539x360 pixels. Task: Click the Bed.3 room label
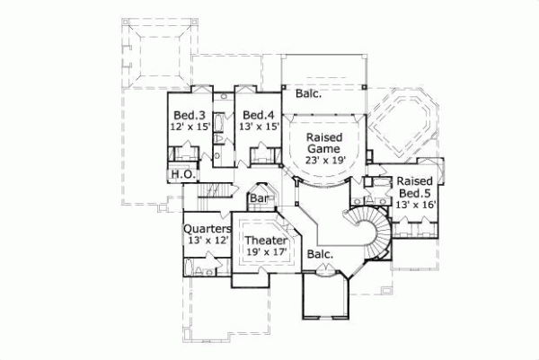190,115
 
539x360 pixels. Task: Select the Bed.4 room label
258,115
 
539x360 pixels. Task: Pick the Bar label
261,198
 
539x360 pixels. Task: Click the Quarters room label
208,229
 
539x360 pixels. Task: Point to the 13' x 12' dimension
208,241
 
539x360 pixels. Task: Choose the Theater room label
266,241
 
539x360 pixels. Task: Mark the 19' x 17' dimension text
266,253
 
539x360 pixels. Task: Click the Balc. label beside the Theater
320,254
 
